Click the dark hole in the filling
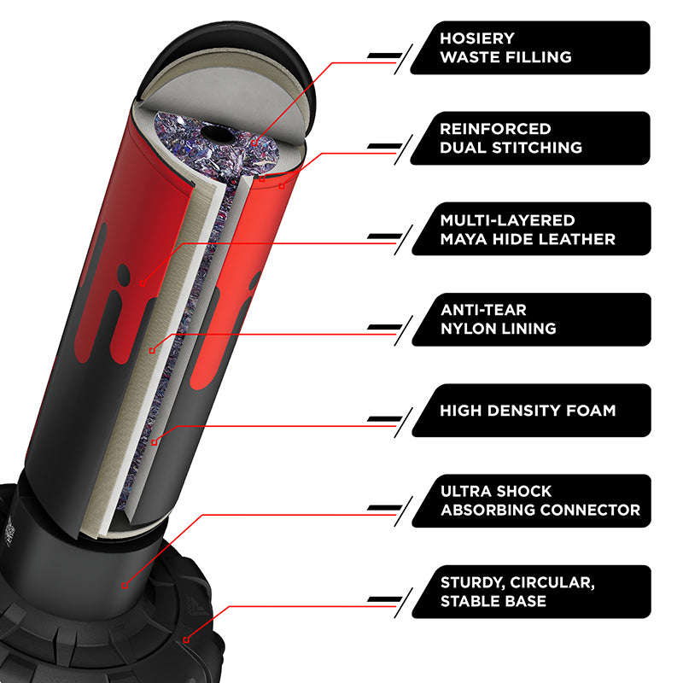click(218, 134)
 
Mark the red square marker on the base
click(186, 639)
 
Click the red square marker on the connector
click(125, 586)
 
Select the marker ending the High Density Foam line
click(155, 442)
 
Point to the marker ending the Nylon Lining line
click(152, 351)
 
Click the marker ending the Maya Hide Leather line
click(143, 284)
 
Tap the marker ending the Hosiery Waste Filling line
click(254, 143)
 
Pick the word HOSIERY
click(477, 38)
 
